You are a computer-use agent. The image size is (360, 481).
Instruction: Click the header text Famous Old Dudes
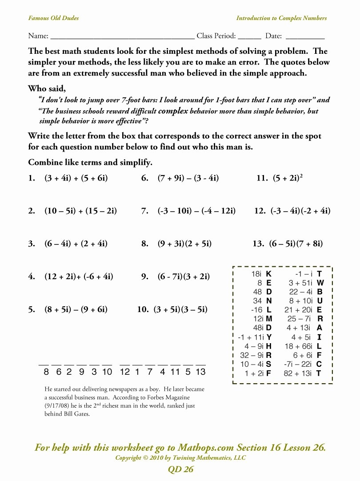click(x=53, y=18)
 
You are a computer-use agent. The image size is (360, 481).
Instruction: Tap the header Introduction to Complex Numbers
click(x=281, y=18)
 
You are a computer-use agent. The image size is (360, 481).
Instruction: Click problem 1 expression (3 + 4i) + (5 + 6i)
click(x=76, y=179)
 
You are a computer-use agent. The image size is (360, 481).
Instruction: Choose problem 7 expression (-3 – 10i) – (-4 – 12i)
click(x=196, y=211)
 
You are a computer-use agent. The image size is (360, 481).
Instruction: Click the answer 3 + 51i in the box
click(x=300, y=283)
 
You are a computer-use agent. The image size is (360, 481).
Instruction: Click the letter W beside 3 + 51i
click(x=320, y=283)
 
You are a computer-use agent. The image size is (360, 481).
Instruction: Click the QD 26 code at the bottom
click(x=180, y=469)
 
